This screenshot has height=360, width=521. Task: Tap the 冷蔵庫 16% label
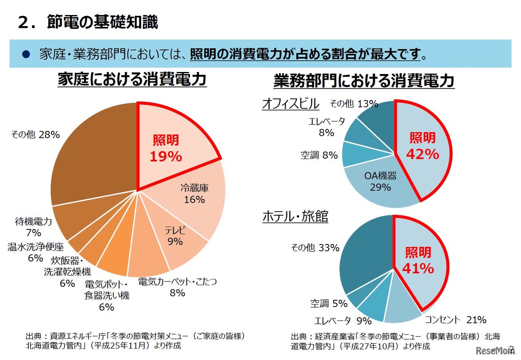coord(195,194)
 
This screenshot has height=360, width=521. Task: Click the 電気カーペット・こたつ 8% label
coord(177,287)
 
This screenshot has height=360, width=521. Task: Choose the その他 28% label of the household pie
coord(35,135)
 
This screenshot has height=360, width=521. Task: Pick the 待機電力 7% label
coord(33,227)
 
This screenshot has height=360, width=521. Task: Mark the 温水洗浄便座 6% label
coord(36,252)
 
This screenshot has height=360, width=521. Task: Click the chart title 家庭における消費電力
coord(132,80)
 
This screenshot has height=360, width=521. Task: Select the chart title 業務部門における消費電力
coord(364,81)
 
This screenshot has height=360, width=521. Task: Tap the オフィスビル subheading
coord(290,104)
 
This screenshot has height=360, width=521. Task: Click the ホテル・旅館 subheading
coord(295,217)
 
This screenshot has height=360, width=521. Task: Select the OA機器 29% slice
coord(380,181)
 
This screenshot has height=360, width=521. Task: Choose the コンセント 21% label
coord(455,320)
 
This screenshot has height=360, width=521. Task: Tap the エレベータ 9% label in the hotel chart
coord(343,321)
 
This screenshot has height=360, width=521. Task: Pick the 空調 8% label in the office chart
coord(320,155)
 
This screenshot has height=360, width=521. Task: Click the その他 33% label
coord(315,248)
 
